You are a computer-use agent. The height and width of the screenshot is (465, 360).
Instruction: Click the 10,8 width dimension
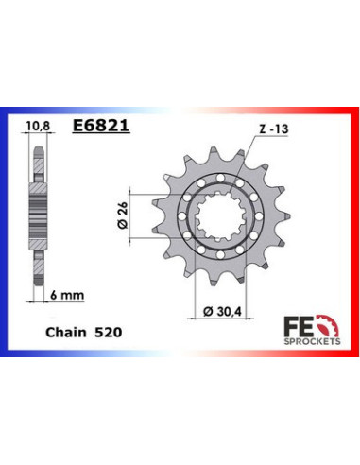pos(38,123)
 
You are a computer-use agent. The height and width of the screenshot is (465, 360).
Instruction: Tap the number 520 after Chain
pos(107,333)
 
